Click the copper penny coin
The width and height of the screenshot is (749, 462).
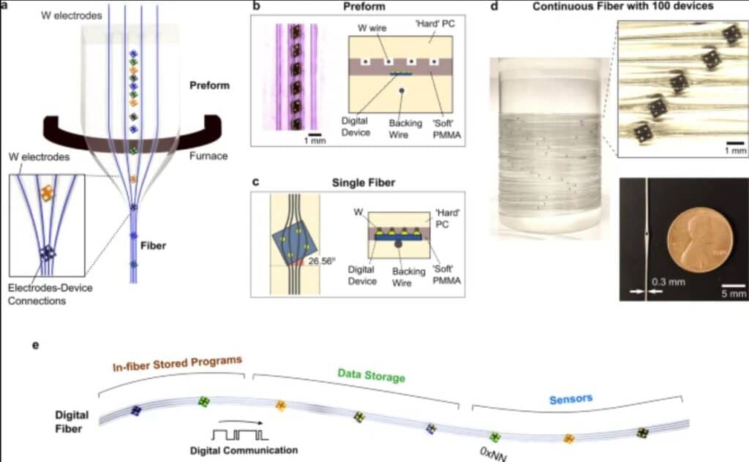pos(700,240)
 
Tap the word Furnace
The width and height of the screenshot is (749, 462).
pos(208,156)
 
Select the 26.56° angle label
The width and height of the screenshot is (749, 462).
pos(322,261)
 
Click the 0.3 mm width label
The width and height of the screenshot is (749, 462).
pos(669,282)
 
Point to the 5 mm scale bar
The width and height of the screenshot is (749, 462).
pos(733,286)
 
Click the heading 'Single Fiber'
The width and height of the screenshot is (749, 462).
pos(364,183)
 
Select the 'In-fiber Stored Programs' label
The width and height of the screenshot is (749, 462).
pos(177,363)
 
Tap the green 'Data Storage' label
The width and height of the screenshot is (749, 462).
pos(371,376)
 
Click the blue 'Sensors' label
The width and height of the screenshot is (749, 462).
pos(571,399)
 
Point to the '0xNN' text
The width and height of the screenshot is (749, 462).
pos(493,453)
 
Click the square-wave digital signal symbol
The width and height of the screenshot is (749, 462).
pos(240,435)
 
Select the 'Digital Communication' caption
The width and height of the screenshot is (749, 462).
pos(244,450)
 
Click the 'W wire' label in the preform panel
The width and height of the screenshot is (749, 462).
pos(372,29)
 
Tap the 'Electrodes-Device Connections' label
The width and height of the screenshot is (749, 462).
pos(50,294)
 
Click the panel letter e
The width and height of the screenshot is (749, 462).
pos(35,345)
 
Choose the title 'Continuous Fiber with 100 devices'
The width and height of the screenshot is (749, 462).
pos(623,6)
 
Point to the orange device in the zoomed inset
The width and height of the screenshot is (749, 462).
pos(47,193)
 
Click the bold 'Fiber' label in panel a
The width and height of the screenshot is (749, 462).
pos(153,246)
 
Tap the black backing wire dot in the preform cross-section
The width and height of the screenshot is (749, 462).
pos(402,90)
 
